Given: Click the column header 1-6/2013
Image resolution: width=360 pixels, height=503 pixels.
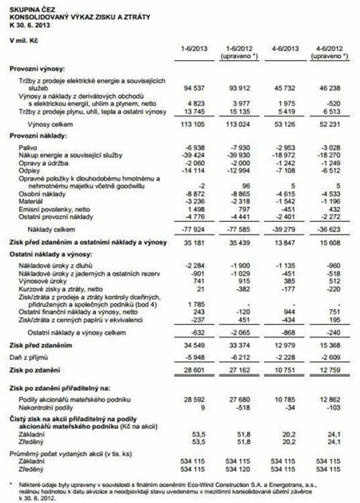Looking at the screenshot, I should [x=193, y=49].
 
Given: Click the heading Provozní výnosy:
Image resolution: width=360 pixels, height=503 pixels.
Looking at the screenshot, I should [x=37, y=67].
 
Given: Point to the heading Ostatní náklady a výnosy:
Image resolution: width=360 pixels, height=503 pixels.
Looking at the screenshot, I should [x=49, y=255].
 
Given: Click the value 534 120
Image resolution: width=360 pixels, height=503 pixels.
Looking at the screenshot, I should [x=240, y=468].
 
